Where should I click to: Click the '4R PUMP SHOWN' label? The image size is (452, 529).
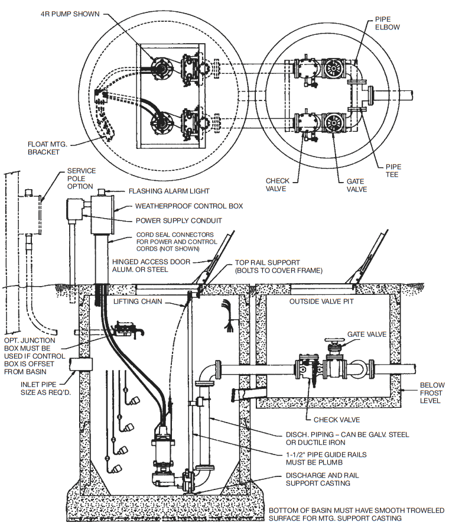pyautogui.click(x=70, y=14)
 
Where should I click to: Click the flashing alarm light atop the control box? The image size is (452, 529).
pyautogui.click(x=102, y=192)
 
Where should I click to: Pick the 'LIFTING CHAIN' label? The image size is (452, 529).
pyautogui.click(x=141, y=302)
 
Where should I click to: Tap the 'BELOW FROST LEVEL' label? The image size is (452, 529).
pyautogui.click(x=432, y=393)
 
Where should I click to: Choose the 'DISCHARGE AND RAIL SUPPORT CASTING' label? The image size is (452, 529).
pyautogui.click(x=321, y=479)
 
